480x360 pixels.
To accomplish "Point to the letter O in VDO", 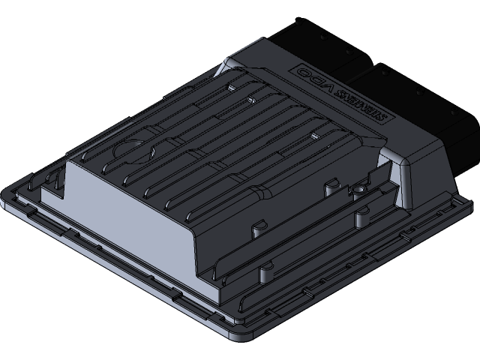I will tap(298, 70).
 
